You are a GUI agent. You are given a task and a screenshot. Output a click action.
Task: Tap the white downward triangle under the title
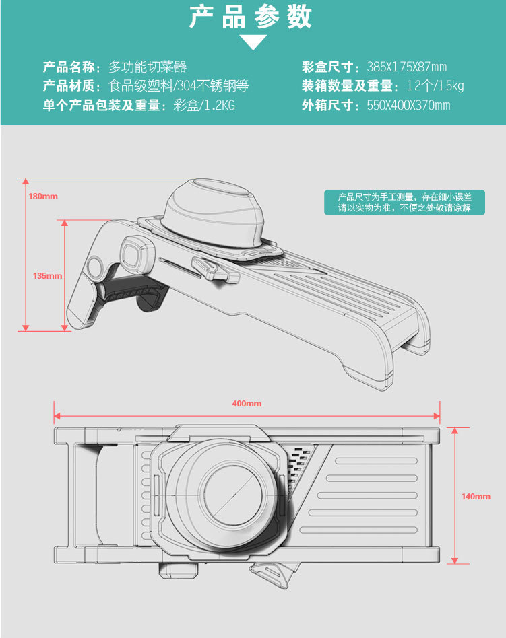[253, 42]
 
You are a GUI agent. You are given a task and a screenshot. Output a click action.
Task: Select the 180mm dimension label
[43, 197]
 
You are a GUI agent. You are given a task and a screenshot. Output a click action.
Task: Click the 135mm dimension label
[47, 275]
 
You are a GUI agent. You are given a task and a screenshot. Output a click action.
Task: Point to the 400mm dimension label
[247, 404]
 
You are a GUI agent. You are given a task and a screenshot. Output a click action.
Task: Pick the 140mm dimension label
[476, 496]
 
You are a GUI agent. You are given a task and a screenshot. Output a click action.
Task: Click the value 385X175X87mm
[406, 67]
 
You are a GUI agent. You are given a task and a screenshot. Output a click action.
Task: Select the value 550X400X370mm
[408, 105]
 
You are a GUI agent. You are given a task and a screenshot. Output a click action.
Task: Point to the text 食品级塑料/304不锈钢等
[179, 85]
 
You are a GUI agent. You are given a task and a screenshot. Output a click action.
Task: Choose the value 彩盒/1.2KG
[204, 105]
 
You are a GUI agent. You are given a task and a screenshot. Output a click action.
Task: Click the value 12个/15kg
[435, 85]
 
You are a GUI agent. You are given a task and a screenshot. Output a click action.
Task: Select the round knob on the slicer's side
[133, 254]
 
